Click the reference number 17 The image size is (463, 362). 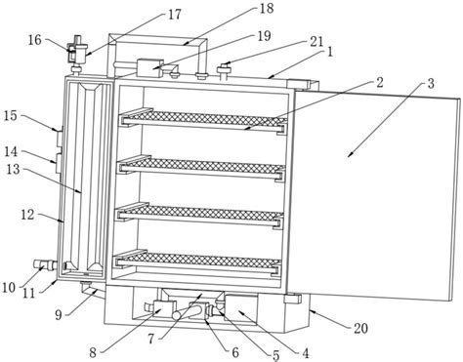[x=174, y=15]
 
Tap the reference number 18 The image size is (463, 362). [x=267, y=9]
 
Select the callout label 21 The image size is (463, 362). [x=316, y=41]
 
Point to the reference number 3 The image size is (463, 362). [x=431, y=83]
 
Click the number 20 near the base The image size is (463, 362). [x=360, y=328]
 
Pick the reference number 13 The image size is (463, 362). [x=13, y=169]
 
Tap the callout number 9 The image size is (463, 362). [x=59, y=315]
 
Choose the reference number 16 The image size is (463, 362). [x=34, y=40]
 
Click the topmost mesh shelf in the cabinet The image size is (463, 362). [x=204, y=120]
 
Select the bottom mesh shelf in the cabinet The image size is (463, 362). [x=197, y=261]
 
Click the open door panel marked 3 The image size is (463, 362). [x=373, y=194]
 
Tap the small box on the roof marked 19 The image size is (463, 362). [x=149, y=68]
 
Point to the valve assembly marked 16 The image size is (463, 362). [x=77, y=52]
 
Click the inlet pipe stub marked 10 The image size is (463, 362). [x=46, y=264]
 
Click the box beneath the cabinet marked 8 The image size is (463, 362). [x=165, y=308]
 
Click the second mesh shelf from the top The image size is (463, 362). [x=202, y=167]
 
